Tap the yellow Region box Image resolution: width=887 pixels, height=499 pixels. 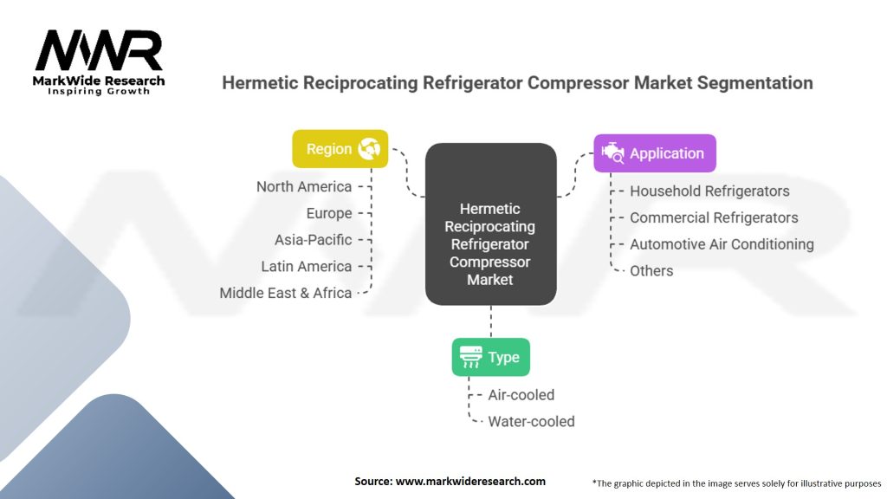click(340, 149)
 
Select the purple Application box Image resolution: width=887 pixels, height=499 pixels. click(654, 153)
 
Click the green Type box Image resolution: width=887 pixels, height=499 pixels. click(490, 357)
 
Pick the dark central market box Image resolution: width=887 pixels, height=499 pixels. click(490, 224)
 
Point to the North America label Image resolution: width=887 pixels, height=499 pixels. click(304, 186)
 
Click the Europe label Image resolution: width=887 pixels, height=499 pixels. click(329, 213)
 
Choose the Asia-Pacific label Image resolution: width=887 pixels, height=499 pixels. click(313, 240)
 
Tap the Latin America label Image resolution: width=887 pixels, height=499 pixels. click(307, 266)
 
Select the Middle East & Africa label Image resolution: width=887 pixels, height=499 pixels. click(286, 293)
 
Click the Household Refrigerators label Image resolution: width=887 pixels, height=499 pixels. click(709, 191)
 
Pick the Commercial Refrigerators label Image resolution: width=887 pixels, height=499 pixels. click(714, 217)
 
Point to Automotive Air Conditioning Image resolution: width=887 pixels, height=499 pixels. click(722, 244)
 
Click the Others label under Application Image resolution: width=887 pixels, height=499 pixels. click(651, 270)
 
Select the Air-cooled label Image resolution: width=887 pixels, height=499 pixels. click(521, 395)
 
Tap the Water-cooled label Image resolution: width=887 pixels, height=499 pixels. click(531, 422)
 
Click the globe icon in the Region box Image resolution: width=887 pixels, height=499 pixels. click(369, 149)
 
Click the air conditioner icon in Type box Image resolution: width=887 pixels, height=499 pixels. click(471, 357)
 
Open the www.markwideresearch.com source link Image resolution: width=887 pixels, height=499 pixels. click(470, 481)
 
